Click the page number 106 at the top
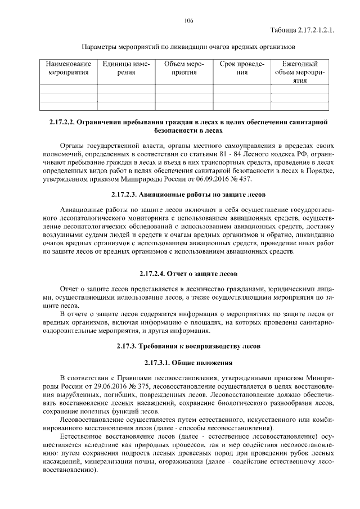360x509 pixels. pos(188,21)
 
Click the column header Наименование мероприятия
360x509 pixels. pos(69,68)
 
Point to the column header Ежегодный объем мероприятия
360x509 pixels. pos(300,72)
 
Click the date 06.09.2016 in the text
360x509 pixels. pos(215,179)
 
